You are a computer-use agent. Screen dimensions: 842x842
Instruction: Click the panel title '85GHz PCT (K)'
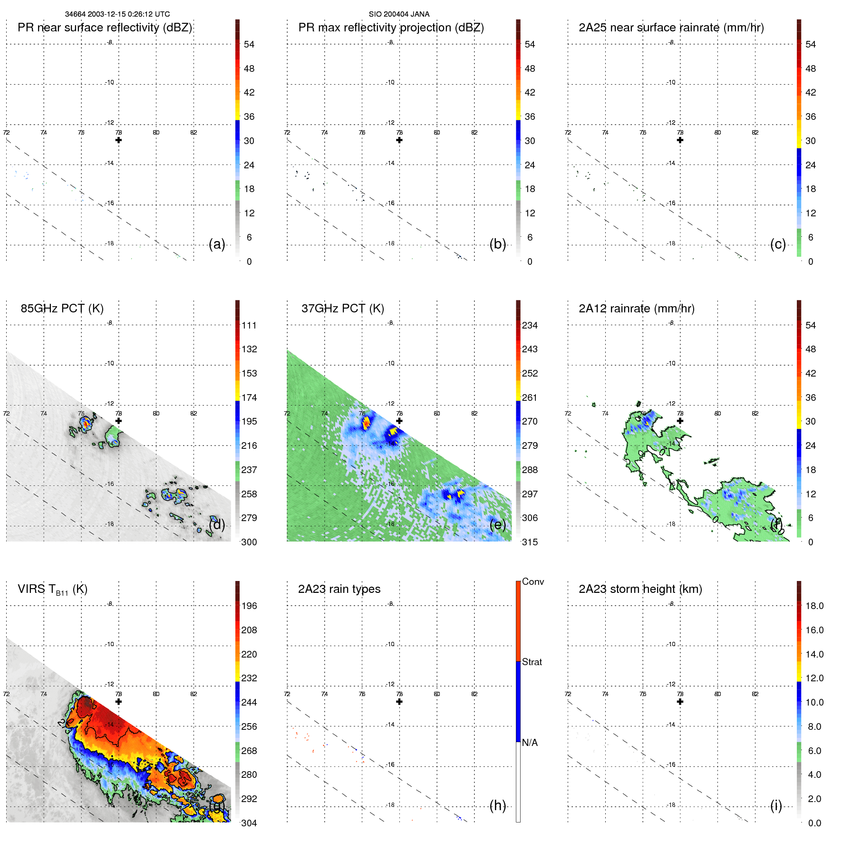pos(62,309)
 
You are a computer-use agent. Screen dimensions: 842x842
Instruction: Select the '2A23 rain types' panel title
pos(339,589)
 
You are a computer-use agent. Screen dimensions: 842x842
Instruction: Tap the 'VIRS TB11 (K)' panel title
pos(52,590)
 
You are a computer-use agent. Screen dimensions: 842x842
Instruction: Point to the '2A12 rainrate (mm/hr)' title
pos(636,309)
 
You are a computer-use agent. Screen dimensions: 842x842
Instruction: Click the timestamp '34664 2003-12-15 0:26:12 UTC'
pos(117,14)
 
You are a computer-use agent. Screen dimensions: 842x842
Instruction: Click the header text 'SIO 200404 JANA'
pos(399,14)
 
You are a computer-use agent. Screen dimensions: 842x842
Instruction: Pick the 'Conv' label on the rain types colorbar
pos(532,581)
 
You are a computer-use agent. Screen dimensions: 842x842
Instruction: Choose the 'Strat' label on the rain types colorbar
pos(532,662)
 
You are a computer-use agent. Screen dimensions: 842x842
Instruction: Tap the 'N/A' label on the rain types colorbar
pos(530,743)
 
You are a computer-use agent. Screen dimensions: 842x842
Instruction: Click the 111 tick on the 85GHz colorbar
pos(249,325)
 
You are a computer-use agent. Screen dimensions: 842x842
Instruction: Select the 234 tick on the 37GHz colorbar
pos(530,325)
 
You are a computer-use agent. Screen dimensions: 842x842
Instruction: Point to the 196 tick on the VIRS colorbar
pos(249,606)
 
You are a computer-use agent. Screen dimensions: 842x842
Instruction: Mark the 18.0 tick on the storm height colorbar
pos(814,606)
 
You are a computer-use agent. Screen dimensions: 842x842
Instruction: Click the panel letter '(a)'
pos(217,244)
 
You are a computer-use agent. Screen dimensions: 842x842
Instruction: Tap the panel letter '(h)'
pos(497,805)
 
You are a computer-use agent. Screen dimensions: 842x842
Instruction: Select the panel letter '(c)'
pos(778,244)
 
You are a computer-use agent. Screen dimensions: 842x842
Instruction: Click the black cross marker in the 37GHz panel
pos(399,421)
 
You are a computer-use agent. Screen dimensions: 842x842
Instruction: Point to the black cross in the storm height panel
pos(680,702)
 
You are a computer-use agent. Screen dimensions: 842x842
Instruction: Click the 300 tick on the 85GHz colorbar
pos(249,542)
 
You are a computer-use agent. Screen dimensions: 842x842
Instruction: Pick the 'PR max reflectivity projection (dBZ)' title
pos(391,28)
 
